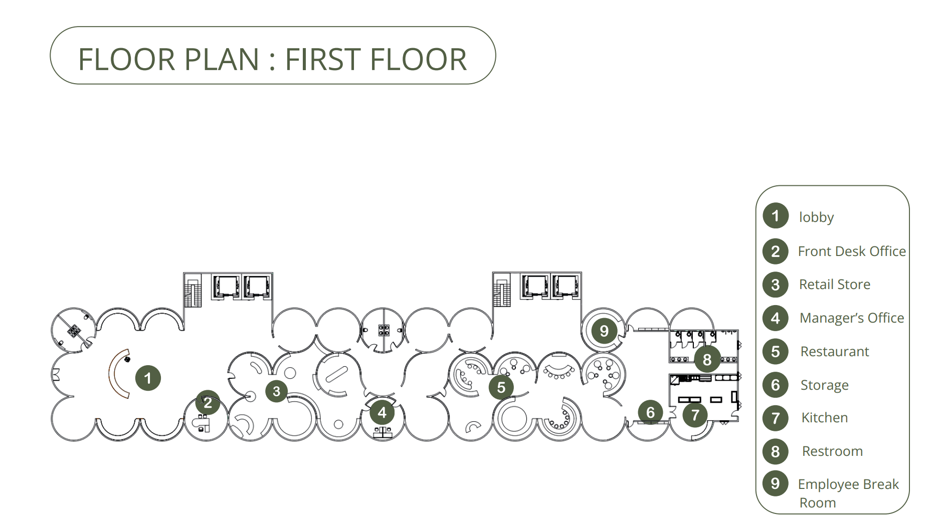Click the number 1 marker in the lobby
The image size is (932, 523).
pyautogui.click(x=148, y=378)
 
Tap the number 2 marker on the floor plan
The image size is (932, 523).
pyautogui.click(x=208, y=402)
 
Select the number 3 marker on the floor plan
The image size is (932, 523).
pyautogui.click(x=276, y=391)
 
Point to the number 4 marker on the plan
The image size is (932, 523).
pyautogui.click(x=382, y=413)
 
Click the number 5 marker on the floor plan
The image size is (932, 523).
pyautogui.click(x=501, y=387)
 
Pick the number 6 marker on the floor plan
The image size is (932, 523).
pyautogui.click(x=650, y=412)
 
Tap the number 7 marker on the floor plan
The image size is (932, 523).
pyautogui.click(x=695, y=415)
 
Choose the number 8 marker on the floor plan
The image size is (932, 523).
pyautogui.click(x=707, y=359)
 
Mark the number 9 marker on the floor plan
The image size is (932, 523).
pyautogui.click(x=604, y=331)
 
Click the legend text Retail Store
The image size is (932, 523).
pyautogui.click(x=834, y=285)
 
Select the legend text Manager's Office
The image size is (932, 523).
pyautogui.click(x=852, y=318)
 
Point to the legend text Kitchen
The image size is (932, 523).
pyautogui.click(x=825, y=418)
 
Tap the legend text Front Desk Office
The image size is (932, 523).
pyautogui.click(x=852, y=251)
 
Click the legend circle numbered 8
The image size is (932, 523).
pyautogui.click(x=776, y=451)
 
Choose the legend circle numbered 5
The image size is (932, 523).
pyautogui.click(x=776, y=351)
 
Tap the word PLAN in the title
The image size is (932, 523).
pyautogui.click(x=221, y=59)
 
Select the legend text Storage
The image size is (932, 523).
pyautogui.click(x=824, y=385)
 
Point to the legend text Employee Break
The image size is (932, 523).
pyautogui.click(x=848, y=484)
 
